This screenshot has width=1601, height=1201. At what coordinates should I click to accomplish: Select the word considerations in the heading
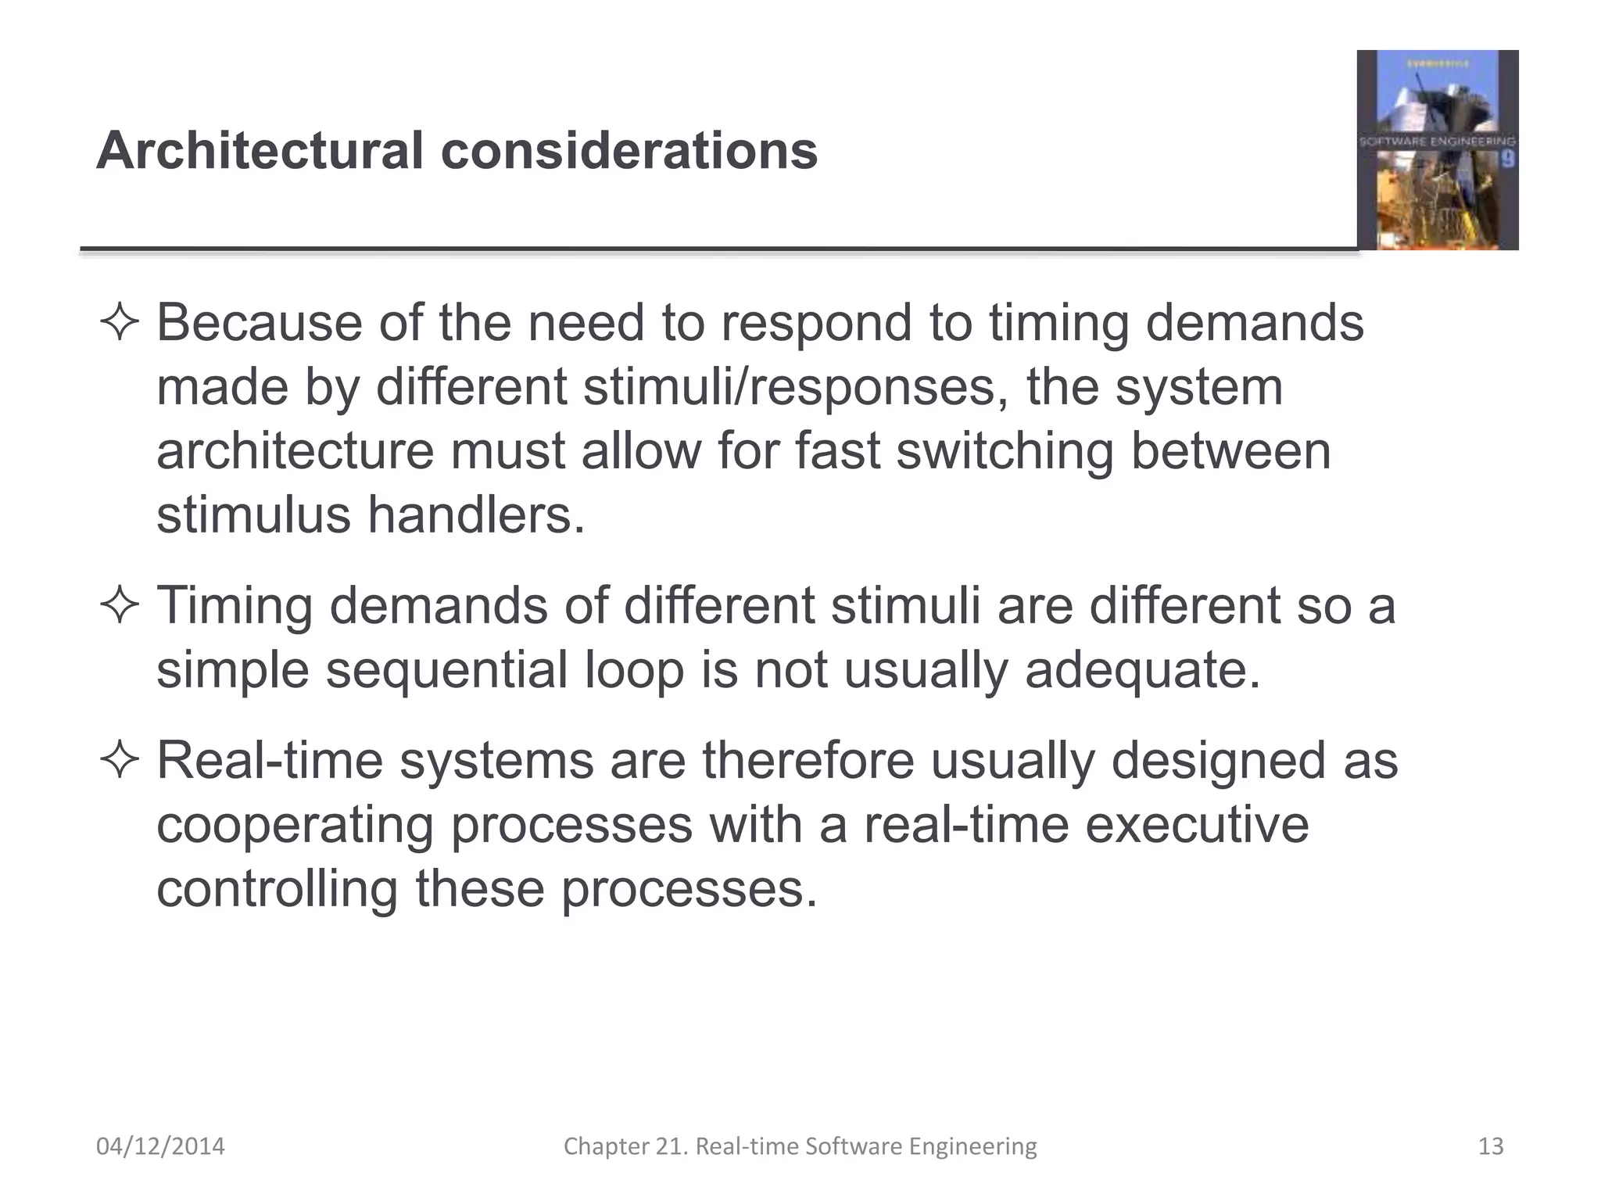[x=629, y=150]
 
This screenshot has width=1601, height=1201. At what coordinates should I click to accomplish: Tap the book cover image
[x=1437, y=150]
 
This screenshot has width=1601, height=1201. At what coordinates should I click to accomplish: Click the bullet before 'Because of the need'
[x=120, y=323]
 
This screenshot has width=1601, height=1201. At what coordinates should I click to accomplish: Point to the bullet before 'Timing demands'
[x=120, y=606]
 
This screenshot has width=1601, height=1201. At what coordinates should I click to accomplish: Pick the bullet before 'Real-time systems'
[x=120, y=761]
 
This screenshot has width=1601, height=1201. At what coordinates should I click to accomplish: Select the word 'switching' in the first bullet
[x=1005, y=451]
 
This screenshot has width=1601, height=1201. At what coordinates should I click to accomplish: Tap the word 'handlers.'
[x=476, y=515]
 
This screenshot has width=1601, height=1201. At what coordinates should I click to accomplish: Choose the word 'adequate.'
[x=1143, y=670]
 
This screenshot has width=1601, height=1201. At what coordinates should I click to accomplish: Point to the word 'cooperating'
[x=295, y=825]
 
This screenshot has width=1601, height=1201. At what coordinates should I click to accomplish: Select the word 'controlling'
[x=277, y=889]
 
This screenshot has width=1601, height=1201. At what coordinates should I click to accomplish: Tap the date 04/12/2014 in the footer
[x=160, y=1146]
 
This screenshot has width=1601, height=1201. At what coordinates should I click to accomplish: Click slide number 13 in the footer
[x=1491, y=1146]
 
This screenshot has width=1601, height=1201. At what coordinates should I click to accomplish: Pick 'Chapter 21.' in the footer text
[x=626, y=1146]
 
